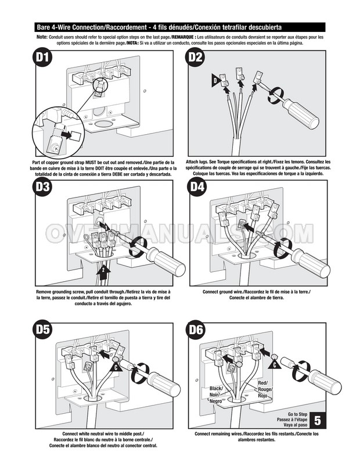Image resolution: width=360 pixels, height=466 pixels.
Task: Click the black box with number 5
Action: [x=318, y=419]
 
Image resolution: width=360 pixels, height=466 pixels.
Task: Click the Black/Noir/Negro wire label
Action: [x=216, y=395]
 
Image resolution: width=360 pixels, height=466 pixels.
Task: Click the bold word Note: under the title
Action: [x=42, y=37]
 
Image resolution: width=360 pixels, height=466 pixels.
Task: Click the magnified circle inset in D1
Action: [x=56, y=134]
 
